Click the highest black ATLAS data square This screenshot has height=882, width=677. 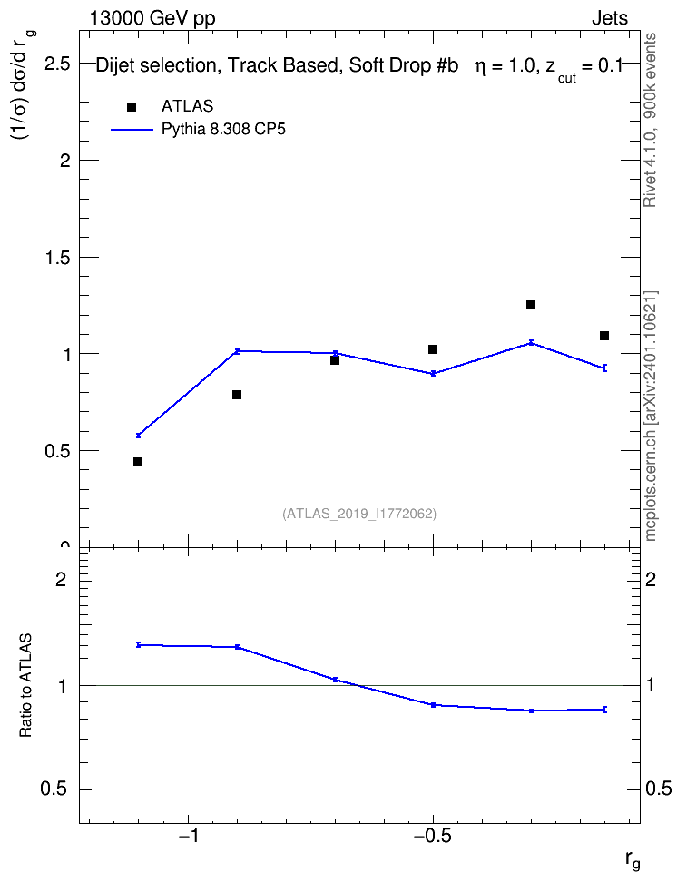tap(531, 305)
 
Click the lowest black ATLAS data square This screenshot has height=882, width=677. tap(138, 462)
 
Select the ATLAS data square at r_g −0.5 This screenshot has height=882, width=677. tap(433, 349)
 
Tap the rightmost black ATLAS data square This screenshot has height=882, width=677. tap(604, 336)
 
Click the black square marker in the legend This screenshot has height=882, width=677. tap(132, 107)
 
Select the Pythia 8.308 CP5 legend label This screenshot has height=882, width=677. tap(223, 130)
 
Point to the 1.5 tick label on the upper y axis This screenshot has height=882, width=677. tap(57, 258)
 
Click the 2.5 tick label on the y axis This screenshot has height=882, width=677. tap(57, 64)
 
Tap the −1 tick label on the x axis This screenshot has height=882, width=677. tap(188, 836)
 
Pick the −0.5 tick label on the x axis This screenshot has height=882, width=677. tap(433, 836)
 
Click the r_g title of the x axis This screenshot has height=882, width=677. tap(633, 860)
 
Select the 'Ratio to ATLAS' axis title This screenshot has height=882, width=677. tap(25, 685)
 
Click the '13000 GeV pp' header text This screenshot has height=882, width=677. tap(152, 18)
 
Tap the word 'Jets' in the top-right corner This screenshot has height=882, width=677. tap(610, 18)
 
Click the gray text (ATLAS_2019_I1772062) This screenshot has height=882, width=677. tap(359, 513)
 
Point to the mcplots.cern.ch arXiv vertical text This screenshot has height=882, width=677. tap(651, 416)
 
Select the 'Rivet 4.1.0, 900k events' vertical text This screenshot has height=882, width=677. tap(650, 120)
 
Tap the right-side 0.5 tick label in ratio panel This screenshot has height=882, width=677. tap(659, 789)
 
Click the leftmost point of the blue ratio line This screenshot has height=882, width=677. tap(138, 644)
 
